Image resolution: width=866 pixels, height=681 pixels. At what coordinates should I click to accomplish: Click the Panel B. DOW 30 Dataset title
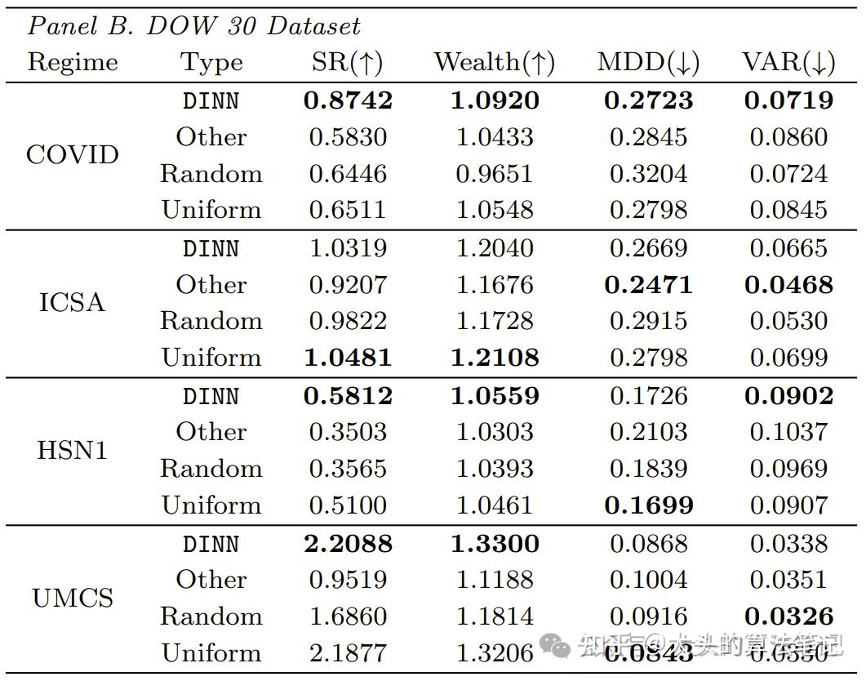coord(194,26)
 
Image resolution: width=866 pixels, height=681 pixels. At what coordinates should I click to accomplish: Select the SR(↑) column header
coord(347,63)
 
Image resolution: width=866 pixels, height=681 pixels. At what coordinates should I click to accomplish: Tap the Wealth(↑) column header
coord(495,63)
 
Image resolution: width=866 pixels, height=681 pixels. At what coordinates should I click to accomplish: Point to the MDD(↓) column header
coord(648,63)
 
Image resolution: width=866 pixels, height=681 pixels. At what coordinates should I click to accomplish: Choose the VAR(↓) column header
coord(788,63)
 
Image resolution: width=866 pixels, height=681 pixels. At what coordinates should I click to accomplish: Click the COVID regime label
coord(73,155)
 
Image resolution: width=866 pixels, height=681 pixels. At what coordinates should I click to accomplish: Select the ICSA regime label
coord(72,303)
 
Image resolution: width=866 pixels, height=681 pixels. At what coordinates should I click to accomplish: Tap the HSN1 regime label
coord(72,450)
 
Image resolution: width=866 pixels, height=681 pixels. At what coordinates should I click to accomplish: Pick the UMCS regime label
coord(73,599)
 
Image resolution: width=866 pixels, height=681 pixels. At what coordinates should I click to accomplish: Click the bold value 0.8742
coord(348,100)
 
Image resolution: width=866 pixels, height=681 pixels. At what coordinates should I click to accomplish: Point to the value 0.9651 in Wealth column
coord(495,174)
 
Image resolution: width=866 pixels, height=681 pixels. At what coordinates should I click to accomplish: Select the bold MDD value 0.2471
coord(648,285)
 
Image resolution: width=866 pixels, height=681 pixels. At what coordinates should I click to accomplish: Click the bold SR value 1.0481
coord(348,358)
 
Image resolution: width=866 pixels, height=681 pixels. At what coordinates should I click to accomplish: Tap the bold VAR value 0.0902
coord(788,396)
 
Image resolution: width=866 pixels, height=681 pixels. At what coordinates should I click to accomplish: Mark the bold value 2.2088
coord(348,544)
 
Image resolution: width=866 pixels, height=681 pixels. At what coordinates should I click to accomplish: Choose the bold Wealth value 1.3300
coord(495,544)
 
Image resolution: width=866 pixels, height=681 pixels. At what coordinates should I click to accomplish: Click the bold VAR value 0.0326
coord(788,616)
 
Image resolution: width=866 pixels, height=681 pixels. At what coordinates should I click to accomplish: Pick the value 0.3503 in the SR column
coord(348,432)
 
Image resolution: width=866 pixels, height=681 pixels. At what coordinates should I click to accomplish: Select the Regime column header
coord(73,63)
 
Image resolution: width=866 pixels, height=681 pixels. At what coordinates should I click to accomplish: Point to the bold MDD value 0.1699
coord(648,505)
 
